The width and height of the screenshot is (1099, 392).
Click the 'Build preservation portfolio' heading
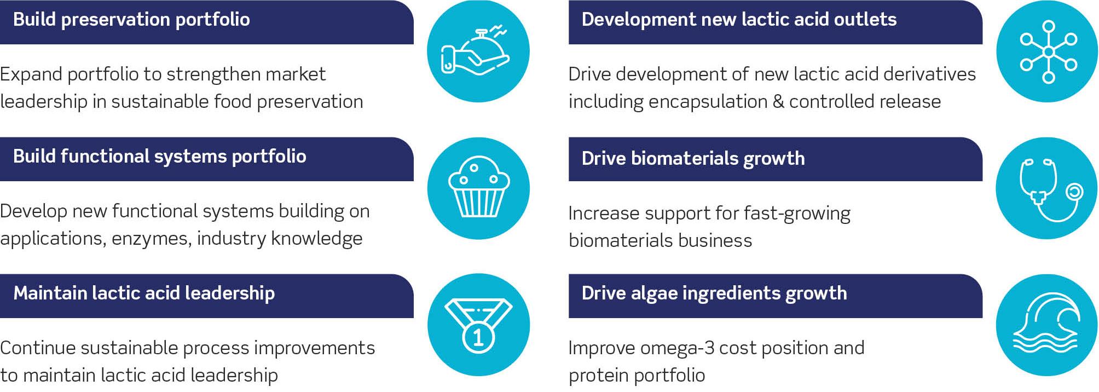coord(131,20)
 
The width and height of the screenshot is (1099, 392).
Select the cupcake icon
coord(478,188)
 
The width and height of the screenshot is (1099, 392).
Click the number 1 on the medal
coord(478,337)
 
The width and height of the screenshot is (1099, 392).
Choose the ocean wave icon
coord(1046,324)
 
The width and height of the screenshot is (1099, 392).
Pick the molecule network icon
coord(1048,51)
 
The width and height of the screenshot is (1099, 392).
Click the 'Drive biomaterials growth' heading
coord(693,159)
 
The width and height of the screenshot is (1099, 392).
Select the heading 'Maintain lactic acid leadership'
coord(144,293)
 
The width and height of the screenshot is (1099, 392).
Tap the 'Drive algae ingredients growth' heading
coord(714,293)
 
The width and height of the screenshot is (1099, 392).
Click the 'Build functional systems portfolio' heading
coord(160,157)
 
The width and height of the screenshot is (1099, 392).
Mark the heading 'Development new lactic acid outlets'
coord(739,20)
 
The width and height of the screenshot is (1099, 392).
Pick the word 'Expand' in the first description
coord(31,74)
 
